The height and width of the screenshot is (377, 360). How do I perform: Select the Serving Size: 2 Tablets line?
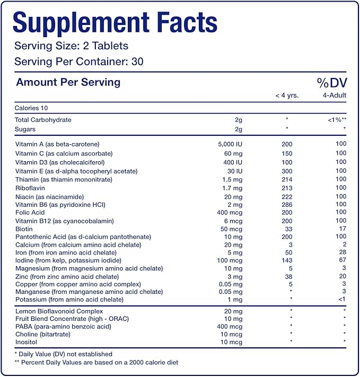pyautogui.click(x=71, y=46)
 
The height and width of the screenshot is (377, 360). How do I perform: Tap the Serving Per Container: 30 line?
pyautogui.click(x=79, y=62)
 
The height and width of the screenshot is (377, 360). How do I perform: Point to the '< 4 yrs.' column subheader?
pyautogui.click(x=286, y=95)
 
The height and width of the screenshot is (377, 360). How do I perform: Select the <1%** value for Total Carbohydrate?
pyautogui.click(x=336, y=120)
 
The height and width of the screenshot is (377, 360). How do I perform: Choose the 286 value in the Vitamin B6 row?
pyautogui.click(x=286, y=204)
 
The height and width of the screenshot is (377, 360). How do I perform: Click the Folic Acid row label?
pyautogui.click(x=31, y=213)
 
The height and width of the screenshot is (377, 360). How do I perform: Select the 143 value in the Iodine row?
pyautogui.click(x=286, y=260)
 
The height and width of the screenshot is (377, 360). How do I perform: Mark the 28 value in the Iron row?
pyautogui.click(x=342, y=252)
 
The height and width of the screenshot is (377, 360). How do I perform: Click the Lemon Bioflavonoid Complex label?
pyautogui.click(x=59, y=311)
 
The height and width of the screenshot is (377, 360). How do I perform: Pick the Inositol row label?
pyautogui.click(x=27, y=343)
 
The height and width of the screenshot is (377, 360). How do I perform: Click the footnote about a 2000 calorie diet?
pyautogui.click(x=96, y=362)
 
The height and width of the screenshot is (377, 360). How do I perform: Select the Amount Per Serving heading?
pyautogui.click(x=68, y=82)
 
